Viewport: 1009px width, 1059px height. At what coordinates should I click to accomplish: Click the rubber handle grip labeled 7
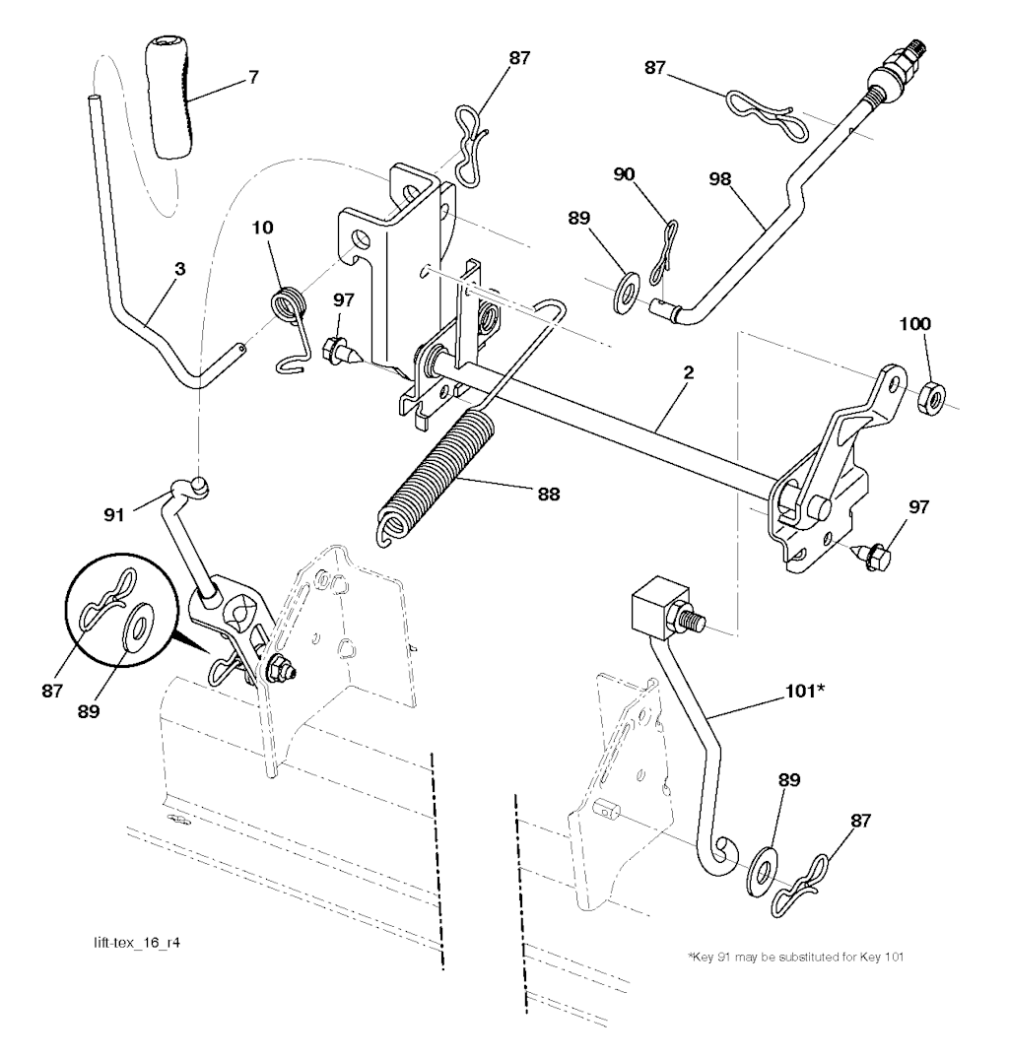pos(168,99)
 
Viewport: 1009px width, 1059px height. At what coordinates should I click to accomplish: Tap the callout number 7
pos(253,77)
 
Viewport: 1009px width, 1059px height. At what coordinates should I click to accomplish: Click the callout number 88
pos(549,495)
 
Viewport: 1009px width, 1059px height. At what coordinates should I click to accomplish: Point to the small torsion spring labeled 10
pos(292,329)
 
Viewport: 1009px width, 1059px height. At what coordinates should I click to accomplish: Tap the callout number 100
pos(915,323)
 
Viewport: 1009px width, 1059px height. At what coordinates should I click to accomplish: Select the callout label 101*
pos(805,691)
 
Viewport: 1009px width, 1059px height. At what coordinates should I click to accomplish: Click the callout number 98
pos(720,179)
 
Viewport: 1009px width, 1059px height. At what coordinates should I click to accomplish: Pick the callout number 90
pos(624,174)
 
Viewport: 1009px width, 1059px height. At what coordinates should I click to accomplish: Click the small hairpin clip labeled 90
pos(662,251)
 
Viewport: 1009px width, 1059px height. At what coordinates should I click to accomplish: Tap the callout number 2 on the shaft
pos(688,372)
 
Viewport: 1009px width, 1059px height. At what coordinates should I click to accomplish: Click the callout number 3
pos(179,269)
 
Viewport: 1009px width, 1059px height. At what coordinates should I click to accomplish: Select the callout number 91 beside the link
pos(114,514)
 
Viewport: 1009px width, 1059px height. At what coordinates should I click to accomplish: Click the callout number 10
pos(263,227)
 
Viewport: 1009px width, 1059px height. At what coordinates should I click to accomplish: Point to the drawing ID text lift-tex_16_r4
pos(137,942)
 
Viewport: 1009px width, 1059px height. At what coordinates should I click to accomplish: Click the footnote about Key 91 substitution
pos(795,957)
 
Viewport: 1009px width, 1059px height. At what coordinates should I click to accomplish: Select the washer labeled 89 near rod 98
pos(627,292)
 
